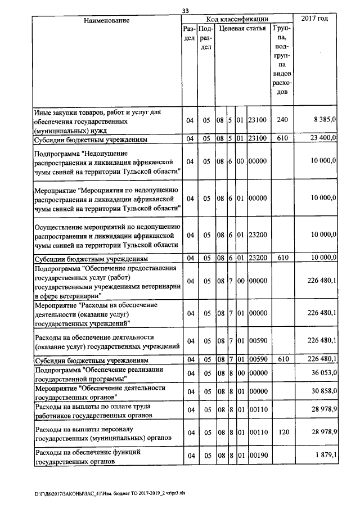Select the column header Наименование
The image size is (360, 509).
pos(106,20)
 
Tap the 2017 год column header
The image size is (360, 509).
pos(314,19)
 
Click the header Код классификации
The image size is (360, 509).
pos(237,19)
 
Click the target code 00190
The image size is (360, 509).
pos(257,455)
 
